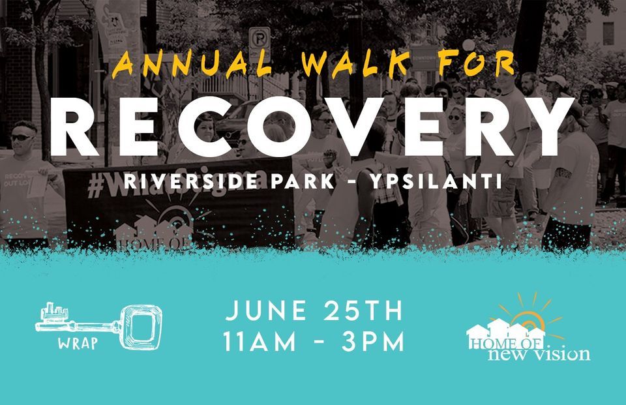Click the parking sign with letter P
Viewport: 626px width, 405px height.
[x=260, y=37]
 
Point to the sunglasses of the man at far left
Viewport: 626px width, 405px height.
[x=23, y=138]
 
